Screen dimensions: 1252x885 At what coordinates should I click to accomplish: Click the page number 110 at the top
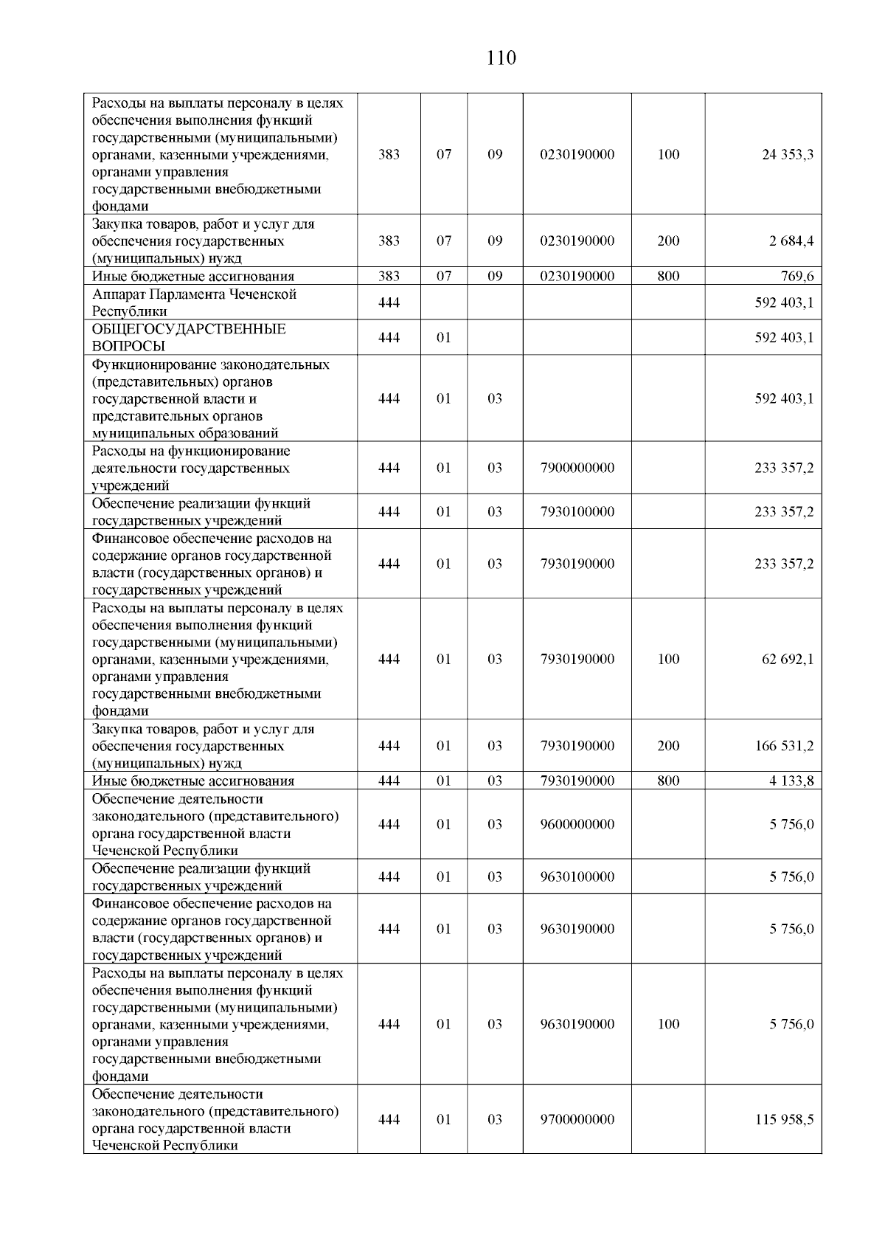click(x=502, y=58)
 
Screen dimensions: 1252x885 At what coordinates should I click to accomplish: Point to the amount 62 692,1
click(x=788, y=660)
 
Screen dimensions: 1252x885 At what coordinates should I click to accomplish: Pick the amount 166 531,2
click(x=784, y=746)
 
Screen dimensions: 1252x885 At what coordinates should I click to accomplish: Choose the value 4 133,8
click(x=792, y=781)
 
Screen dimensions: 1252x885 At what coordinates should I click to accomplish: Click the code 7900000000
click(x=577, y=468)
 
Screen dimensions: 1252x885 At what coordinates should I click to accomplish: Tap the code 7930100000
click(x=577, y=512)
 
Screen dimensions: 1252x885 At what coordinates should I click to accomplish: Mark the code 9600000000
click(x=577, y=825)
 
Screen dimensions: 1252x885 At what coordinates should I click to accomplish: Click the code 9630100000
click(x=577, y=877)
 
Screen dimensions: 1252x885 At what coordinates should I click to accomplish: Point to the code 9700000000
click(x=577, y=1120)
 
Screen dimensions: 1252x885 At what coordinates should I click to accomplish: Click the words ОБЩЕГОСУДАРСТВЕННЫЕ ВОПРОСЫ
click(x=188, y=338)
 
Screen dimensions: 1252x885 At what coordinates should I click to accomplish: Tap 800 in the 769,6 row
click(x=668, y=277)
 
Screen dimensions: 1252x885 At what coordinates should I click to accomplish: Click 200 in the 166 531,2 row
click(x=668, y=746)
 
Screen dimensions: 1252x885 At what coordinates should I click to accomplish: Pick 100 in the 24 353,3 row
click(x=668, y=155)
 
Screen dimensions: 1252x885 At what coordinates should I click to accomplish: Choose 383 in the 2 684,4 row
click(x=389, y=241)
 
